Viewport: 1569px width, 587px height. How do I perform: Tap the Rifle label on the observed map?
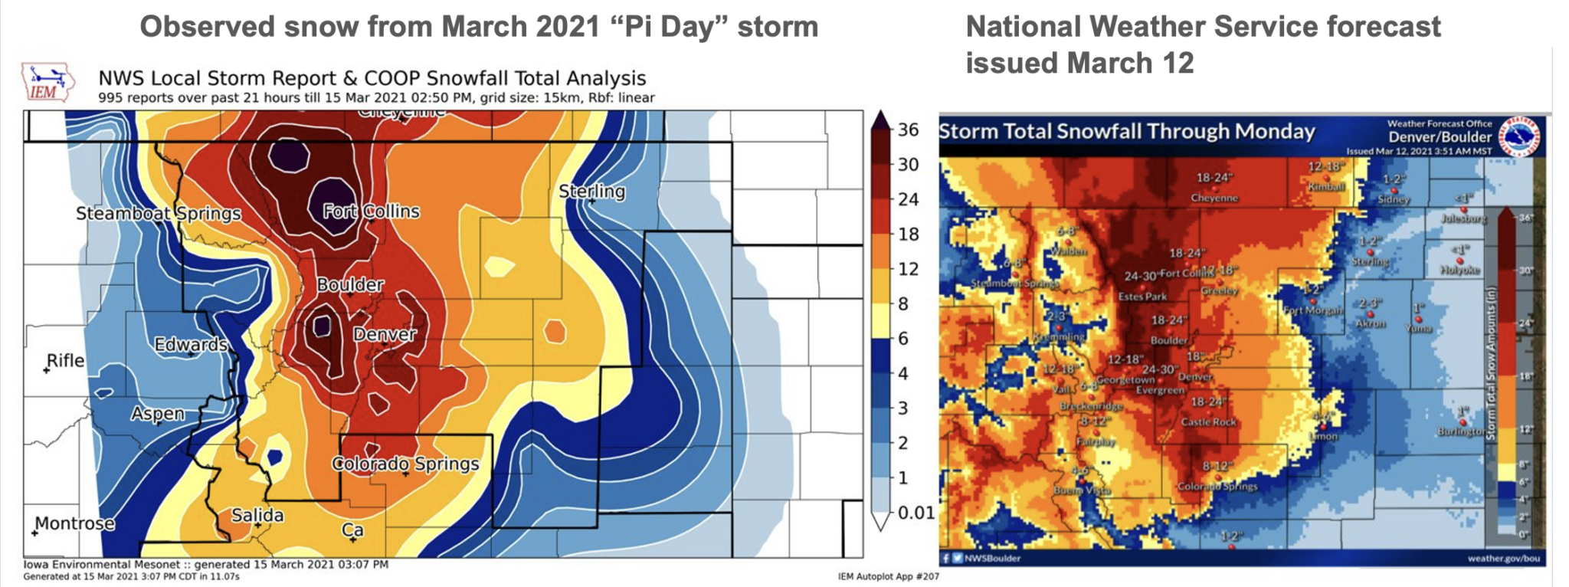66,360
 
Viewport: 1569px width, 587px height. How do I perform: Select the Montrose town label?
75,523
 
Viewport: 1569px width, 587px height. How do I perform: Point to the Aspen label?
157,414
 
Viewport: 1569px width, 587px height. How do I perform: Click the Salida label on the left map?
257,516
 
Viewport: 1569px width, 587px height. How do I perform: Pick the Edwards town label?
191,345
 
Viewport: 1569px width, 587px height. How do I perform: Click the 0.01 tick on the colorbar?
916,513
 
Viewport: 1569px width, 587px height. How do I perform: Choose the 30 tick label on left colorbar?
908,165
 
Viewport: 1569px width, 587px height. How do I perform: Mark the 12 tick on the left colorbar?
908,269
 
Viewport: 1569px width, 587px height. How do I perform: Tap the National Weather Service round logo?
1521,135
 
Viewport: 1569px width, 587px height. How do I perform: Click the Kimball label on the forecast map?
1326,187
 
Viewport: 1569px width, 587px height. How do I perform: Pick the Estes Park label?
1142,297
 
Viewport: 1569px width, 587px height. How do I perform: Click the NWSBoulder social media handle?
992,559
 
